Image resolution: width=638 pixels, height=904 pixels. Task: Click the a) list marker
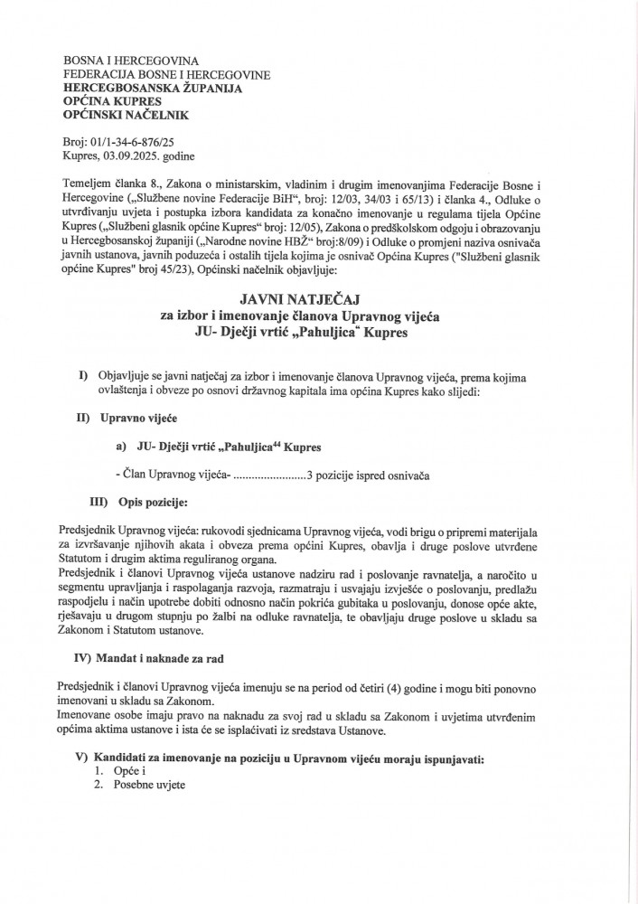coord(121,447)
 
